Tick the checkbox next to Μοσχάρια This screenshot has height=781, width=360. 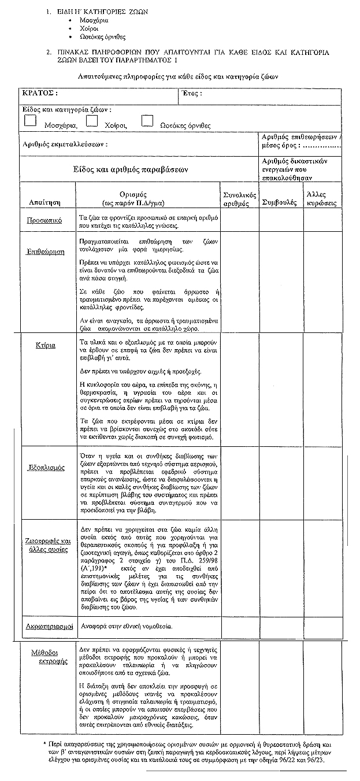pos(31,120)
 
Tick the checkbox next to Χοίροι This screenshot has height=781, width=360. pos(91,120)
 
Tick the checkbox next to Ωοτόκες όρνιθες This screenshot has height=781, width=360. pos(147,120)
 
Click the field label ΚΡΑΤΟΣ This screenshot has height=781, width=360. pos(39,93)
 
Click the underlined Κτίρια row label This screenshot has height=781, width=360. pos(47,345)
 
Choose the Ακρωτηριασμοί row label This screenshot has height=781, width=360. pos(49,626)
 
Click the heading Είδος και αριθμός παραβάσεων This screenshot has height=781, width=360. pos(131,169)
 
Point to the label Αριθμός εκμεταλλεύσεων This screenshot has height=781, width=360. pos(64,145)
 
